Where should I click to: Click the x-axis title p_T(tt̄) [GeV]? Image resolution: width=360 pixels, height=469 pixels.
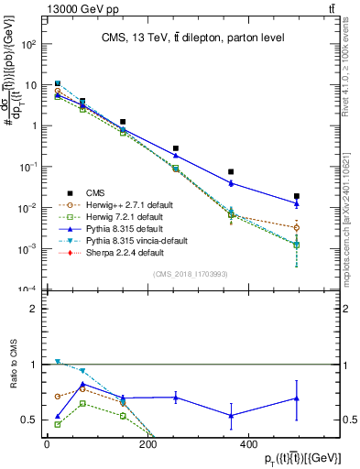point(294,457)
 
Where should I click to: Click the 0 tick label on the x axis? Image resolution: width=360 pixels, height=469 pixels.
point(46,445)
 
